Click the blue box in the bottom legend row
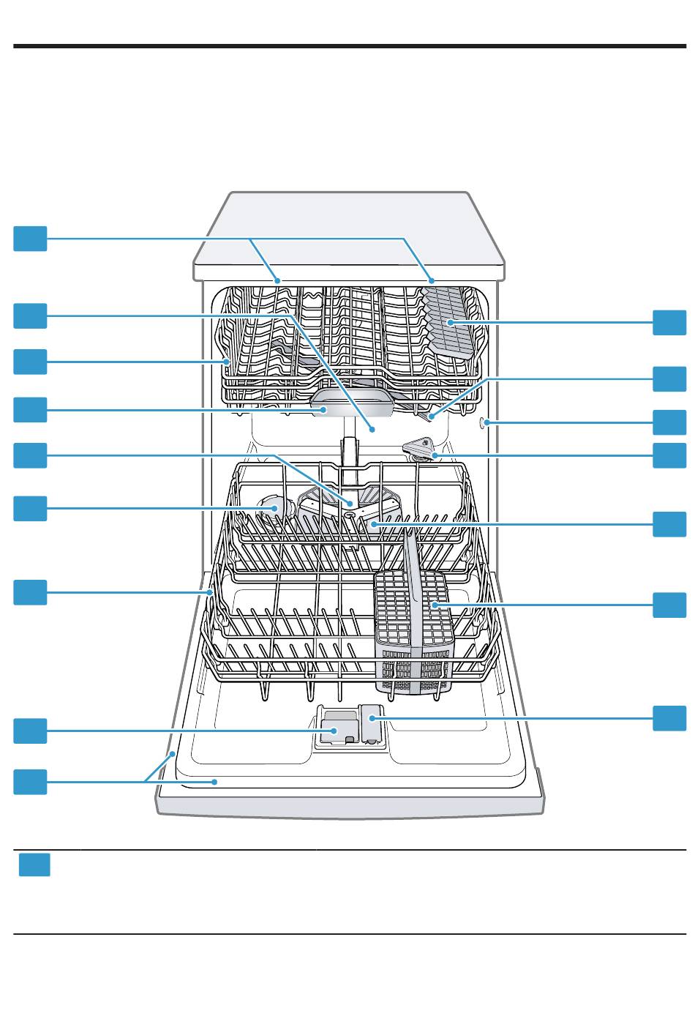click(x=34, y=865)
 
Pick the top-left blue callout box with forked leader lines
click(x=31, y=239)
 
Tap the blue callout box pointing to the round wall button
click(x=669, y=422)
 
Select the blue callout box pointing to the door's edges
click(x=31, y=781)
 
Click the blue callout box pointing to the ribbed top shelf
click(x=669, y=322)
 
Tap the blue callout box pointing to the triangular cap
click(x=669, y=455)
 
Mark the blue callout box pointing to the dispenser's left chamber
click(x=31, y=731)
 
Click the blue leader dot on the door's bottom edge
click(x=215, y=781)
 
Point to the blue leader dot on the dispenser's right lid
click(x=372, y=719)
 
